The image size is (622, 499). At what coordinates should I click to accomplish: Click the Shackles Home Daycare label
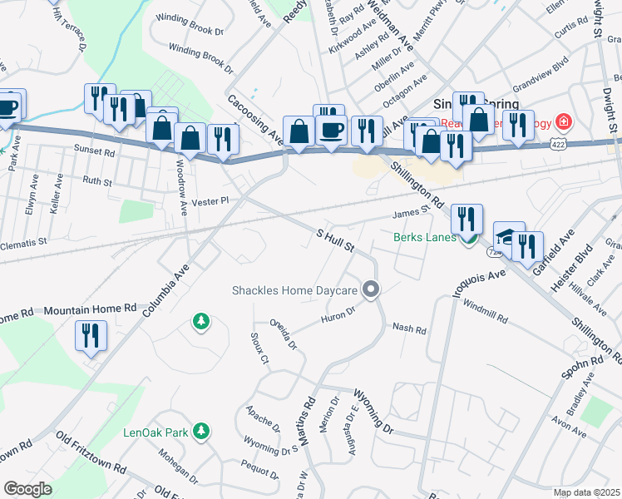point(295,290)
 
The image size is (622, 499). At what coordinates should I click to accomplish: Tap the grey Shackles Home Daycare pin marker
point(371,289)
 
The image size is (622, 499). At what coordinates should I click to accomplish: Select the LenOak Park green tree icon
point(200,429)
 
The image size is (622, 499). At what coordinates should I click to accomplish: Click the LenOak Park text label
point(155,432)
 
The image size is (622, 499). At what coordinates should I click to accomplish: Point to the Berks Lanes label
point(424,237)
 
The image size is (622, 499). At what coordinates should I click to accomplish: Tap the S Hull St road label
point(335,242)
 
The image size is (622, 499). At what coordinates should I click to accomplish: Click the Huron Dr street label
point(338,314)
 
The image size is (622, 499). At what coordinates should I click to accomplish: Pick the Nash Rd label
point(409,330)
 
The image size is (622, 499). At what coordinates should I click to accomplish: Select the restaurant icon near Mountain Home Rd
point(91,336)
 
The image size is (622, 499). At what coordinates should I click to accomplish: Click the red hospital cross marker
point(564,122)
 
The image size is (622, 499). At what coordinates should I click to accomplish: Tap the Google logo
point(27,489)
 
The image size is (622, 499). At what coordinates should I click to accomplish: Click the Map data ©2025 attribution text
point(585,492)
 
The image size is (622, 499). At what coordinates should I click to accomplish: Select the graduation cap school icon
point(507,235)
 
